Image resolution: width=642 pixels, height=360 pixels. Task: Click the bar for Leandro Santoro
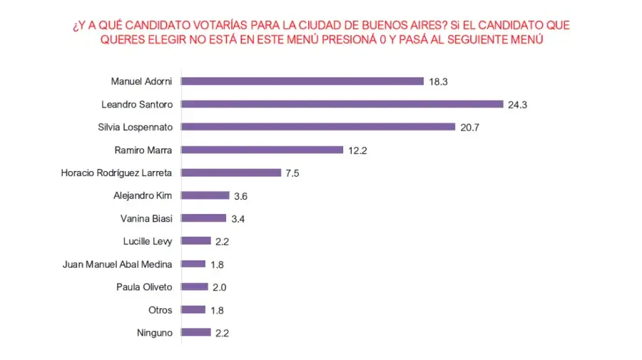(x=342, y=104)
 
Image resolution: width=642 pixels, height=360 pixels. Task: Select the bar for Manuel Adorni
(x=302, y=81)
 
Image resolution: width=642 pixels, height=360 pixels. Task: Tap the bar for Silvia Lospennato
(x=318, y=127)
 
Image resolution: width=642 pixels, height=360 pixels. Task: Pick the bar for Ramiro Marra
(x=263, y=150)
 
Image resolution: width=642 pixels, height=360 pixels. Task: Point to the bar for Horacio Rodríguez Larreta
(x=231, y=173)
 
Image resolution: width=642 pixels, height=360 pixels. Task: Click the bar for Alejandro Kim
(x=205, y=195)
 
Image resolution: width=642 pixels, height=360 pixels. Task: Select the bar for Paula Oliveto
(x=195, y=287)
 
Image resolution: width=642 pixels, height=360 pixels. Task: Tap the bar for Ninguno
(x=196, y=332)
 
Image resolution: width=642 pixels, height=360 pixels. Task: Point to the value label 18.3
(x=438, y=82)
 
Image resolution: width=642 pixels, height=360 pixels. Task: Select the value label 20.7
(x=469, y=128)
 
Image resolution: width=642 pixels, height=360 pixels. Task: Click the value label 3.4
(x=239, y=219)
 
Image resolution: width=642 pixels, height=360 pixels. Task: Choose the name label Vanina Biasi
(x=147, y=218)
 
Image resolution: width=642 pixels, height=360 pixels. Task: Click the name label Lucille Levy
(x=148, y=241)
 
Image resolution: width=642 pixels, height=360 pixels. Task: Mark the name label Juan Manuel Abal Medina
(x=118, y=264)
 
